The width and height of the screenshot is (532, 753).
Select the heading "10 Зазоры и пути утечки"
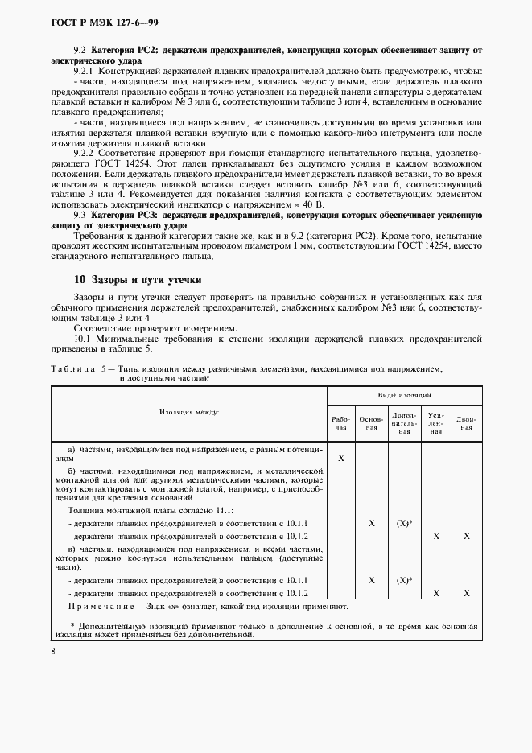[x=138, y=279]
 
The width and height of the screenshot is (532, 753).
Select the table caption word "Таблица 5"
[x=80, y=368]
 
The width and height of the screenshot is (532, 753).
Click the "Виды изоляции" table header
[x=405, y=396]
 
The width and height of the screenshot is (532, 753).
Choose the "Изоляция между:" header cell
[x=190, y=412]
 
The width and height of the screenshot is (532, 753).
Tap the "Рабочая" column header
[x=341, y=423]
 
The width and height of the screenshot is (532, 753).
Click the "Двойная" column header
[x=467, y=423]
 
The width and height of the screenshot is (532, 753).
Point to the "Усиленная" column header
[x=435, y=423]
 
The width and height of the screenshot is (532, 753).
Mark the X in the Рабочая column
[x=341, y=457]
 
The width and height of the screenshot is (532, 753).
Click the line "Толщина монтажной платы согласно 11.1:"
[x=151, y=510]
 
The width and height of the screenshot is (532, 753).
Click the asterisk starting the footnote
[x=72, y=625]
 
